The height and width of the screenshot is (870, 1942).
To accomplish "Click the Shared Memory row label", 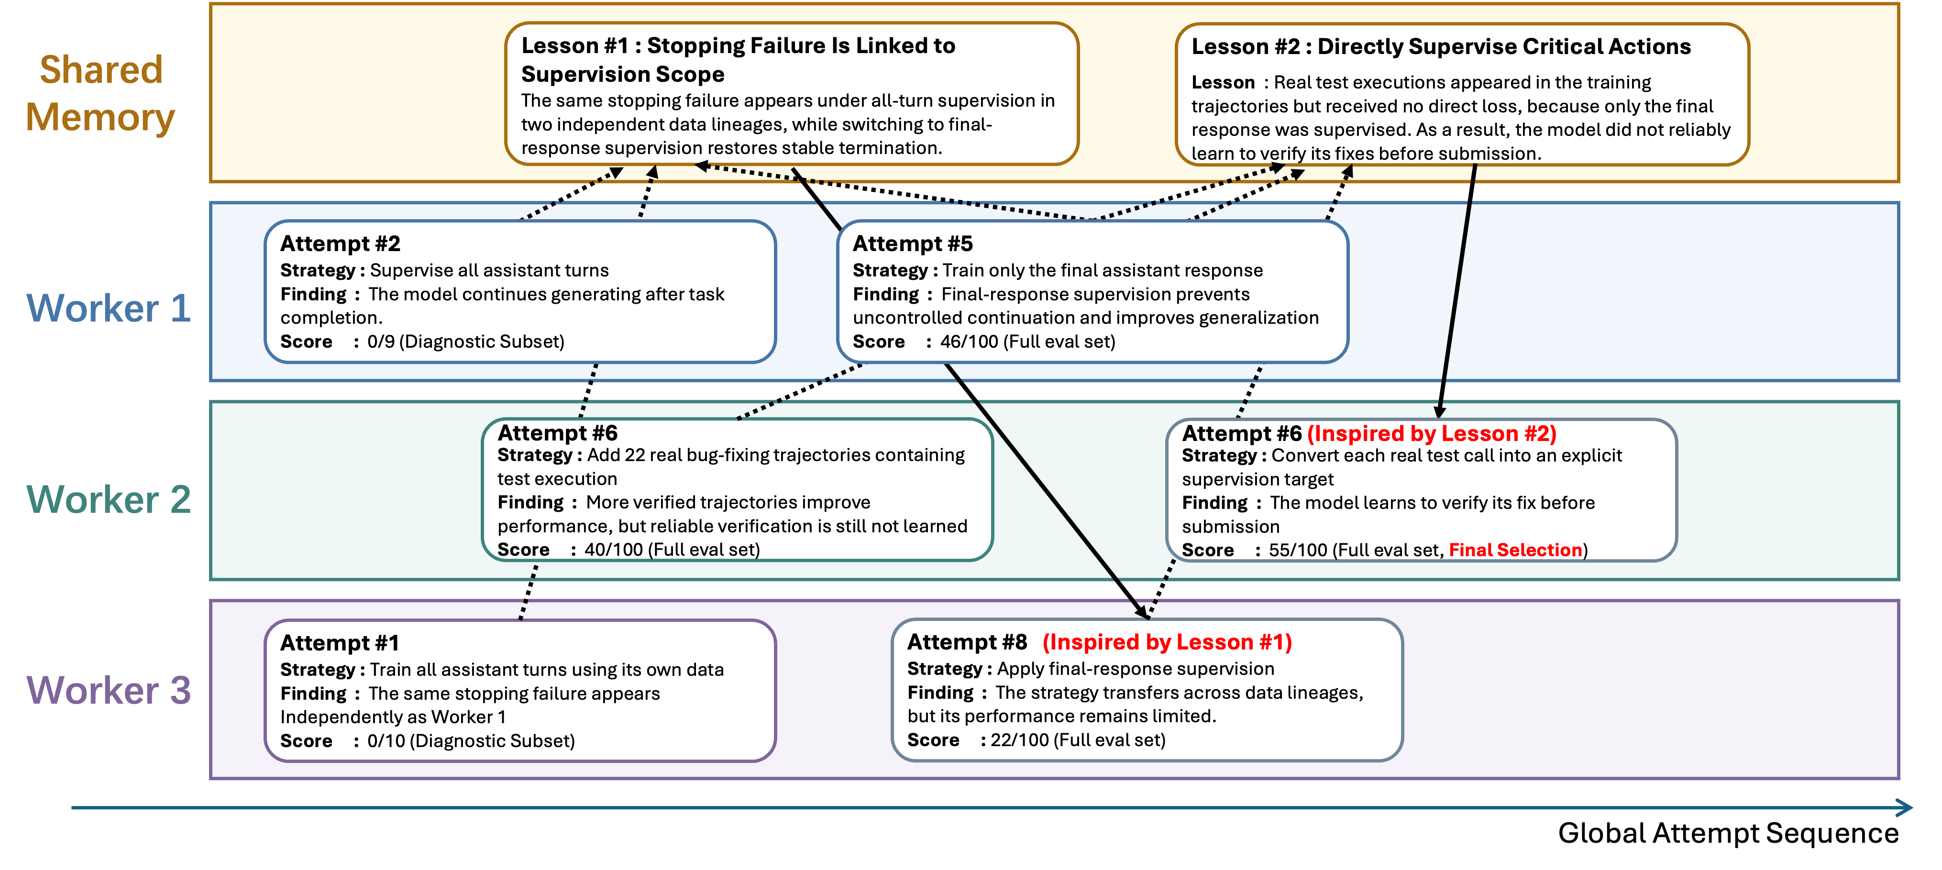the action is [101, 93].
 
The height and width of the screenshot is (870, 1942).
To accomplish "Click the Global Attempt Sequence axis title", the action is [1728, 833].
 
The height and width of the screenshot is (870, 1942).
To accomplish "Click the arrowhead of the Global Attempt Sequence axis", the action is [1905, 807].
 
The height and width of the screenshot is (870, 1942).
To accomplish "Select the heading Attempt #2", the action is [340, 243].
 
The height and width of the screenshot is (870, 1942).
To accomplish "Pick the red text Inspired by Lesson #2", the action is [1432, 433].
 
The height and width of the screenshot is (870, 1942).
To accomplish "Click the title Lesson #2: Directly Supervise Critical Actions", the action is [1441, 47].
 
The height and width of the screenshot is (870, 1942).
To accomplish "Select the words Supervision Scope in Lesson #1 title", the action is [623, 74].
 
